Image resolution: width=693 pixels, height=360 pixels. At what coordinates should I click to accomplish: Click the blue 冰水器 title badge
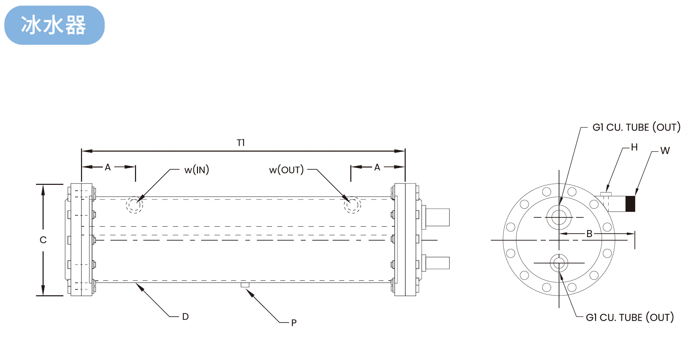(54, 25)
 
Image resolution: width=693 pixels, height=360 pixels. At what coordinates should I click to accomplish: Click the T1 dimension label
(241, 143)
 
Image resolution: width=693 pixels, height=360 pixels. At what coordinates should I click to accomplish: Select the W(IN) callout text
(197, 170)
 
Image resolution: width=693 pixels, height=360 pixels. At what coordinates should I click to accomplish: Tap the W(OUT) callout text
(286, 170)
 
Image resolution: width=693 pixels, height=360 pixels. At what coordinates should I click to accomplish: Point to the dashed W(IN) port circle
(135, 205)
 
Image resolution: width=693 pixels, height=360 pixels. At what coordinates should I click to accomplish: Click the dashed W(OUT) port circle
(352, 205)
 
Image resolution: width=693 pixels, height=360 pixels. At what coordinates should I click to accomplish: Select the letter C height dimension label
(43, 240)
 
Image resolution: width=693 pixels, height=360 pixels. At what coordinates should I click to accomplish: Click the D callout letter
(186, 317)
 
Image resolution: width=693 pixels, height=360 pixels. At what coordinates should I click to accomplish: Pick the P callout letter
(294, 323)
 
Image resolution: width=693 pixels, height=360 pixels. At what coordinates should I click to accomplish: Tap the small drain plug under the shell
(245, 285)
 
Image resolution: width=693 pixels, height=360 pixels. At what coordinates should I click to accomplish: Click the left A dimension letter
(108, 168)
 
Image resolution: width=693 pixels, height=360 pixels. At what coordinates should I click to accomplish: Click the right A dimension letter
(377, 168)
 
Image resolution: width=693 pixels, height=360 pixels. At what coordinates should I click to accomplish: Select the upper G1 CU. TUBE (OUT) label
(636, 127)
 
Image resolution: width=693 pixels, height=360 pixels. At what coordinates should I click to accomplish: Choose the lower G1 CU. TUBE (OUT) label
(630, 317)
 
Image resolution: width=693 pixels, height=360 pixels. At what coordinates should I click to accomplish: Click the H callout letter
(634, 147)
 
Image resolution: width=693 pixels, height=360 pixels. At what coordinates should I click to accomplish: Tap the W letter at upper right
(665, 151)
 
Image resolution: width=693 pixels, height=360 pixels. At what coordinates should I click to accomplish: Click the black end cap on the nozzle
(630, 204)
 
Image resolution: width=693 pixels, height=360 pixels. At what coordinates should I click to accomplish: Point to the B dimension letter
(589, 234)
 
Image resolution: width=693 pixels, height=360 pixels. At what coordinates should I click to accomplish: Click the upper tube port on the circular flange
(559, 217)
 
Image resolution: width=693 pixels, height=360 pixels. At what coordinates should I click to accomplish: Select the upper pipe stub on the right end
(437, 217)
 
